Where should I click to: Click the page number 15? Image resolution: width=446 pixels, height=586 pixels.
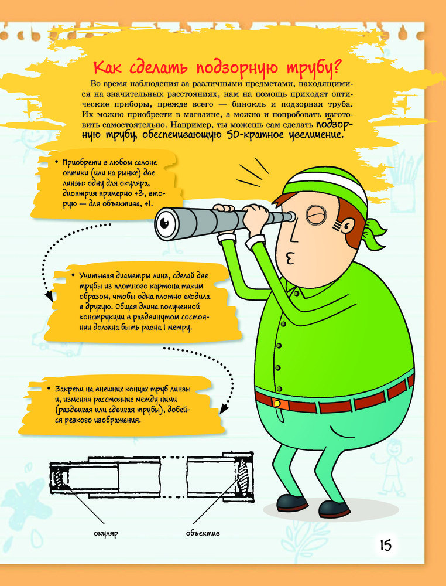tap(386, 546)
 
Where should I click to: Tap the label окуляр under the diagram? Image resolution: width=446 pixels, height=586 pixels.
tap(105, 533)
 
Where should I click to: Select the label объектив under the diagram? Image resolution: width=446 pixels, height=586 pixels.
tap(203, 533)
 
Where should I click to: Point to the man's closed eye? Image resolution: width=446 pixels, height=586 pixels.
tap(315, 215)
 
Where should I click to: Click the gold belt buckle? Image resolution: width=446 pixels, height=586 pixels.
tap(277, 403)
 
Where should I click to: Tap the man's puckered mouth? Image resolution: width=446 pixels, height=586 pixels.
tap(290, 258)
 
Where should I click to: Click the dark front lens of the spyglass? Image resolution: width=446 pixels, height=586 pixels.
tap(164, 223)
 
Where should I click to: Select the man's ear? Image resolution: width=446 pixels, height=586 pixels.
tap(347, 226)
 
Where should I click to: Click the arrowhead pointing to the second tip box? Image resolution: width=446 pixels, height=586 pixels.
tap(49, 297)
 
